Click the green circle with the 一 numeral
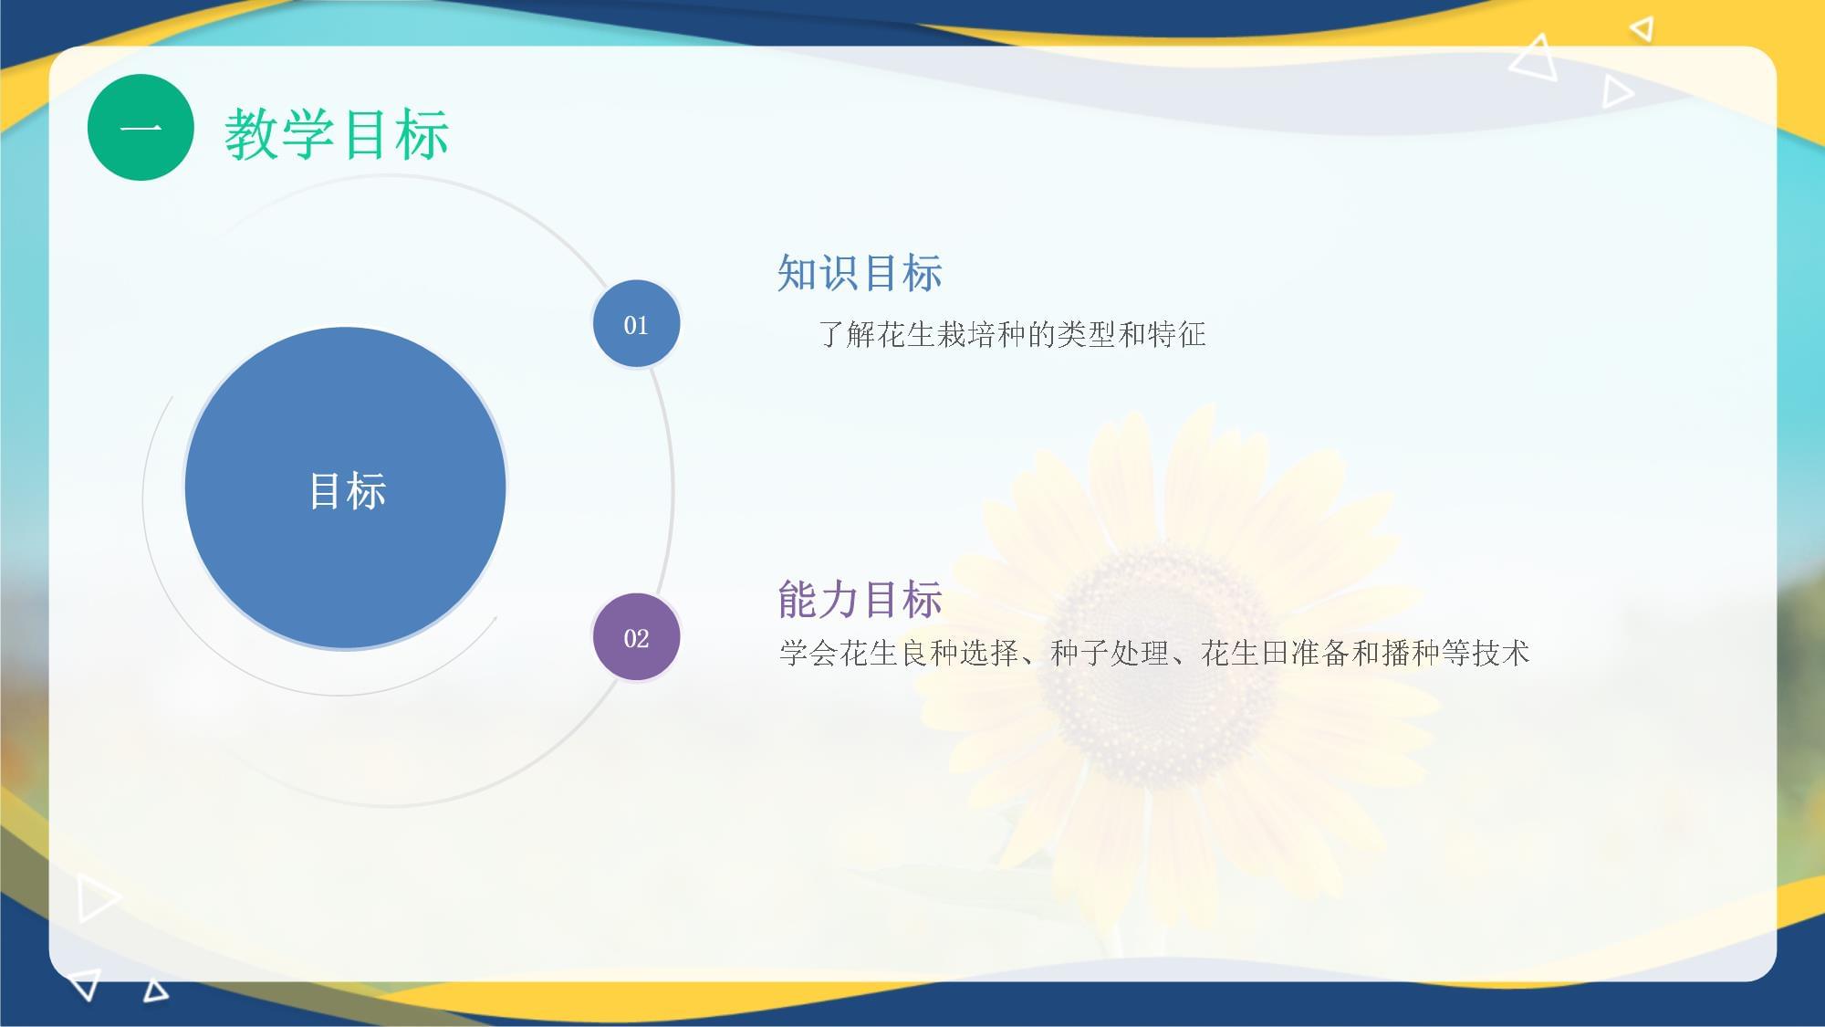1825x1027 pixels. tap(141, 127)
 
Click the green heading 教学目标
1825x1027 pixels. tap(337, 134)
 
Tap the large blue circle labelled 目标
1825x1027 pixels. tap(345, 488)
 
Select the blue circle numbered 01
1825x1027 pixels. tap(636, 324)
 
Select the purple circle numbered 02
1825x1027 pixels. tap(636, 637)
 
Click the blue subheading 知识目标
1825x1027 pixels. tap(860, 273)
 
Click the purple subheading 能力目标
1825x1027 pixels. tap(860, 600)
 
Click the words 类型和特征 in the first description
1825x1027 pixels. tap(1131, 334)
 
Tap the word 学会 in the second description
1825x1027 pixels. tap(808, 653)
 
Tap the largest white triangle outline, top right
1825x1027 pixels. tap(1535, 58)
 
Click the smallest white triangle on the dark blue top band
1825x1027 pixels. tap(1642, 29)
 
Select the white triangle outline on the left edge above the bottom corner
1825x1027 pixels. tap(97, 897)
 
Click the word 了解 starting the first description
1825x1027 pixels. tap(847, 334)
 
